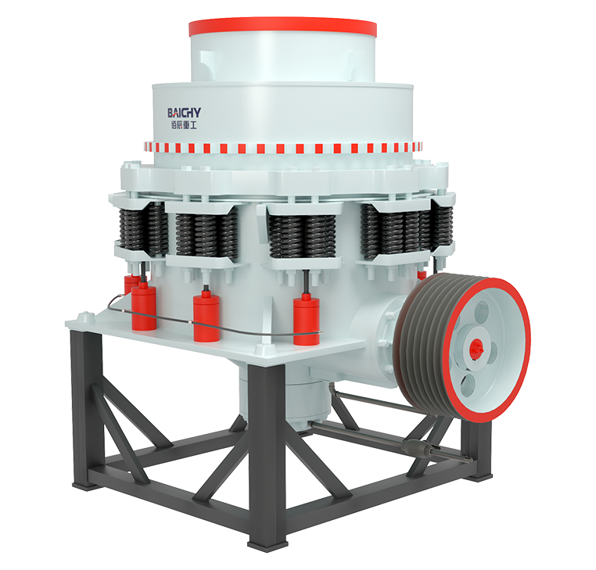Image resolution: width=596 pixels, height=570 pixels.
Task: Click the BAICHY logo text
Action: (184, 113)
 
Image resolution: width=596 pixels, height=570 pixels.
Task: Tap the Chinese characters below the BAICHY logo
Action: (184, 125)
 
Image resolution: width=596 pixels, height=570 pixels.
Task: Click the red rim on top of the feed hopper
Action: (283, 27)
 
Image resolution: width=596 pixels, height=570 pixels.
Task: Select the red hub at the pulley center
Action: (476, 348)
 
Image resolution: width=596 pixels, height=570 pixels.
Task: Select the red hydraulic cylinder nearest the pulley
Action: (307, 320)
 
